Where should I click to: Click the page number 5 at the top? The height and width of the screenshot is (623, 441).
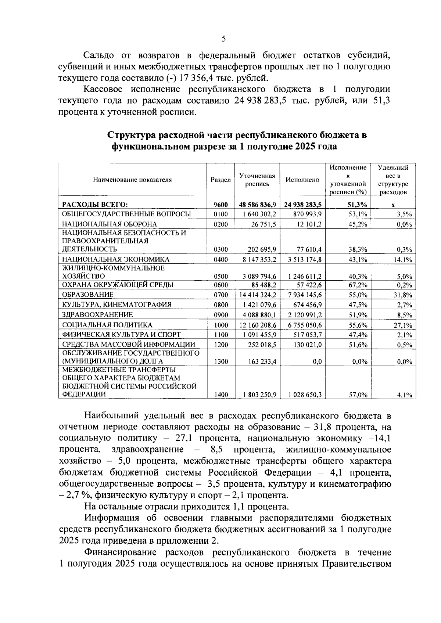224,39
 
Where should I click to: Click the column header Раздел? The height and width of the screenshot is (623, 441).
220,180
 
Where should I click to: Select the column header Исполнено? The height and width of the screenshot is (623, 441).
302,180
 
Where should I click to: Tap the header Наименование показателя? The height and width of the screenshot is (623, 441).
132,180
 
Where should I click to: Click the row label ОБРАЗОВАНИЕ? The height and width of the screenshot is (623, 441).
88,295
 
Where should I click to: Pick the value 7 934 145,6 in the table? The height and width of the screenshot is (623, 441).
305,295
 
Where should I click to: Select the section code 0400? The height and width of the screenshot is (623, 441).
220,260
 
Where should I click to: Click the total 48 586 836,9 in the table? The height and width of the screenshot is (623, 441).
257,205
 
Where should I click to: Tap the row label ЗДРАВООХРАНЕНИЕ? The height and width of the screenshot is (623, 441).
97,315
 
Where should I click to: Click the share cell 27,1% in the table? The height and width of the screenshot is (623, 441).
403,325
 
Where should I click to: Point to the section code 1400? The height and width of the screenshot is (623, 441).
220,395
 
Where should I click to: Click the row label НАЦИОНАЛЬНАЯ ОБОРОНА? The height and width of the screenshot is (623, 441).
110,224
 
